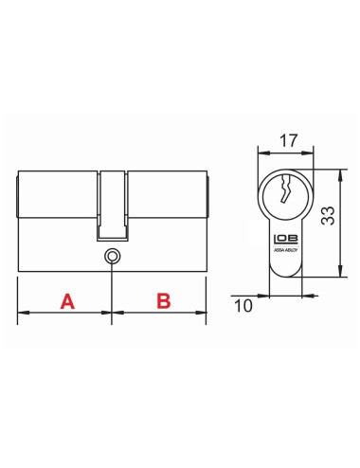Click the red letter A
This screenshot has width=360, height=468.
tap(67, 301)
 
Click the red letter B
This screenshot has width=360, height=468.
tap(162, 301)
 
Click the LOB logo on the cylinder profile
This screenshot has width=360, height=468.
tap(283, 242)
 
